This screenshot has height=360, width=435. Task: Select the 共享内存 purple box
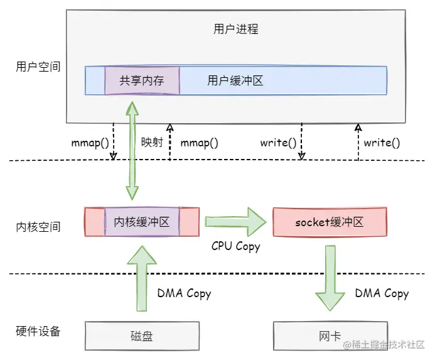(142, 80)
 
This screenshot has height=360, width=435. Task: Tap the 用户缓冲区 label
(235, 80)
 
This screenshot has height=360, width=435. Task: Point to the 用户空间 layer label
(38, 66)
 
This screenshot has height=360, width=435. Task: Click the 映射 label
(152, 142)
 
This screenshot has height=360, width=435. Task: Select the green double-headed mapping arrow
(132, 151)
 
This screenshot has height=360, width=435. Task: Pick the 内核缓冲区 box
(142, 222)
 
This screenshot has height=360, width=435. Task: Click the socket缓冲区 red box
(330, 222)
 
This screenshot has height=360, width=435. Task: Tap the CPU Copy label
(235, 246)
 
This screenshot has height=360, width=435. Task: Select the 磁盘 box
(142, 336)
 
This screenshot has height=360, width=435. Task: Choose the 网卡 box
(330, 336)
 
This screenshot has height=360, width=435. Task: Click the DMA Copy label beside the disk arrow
(184, 293)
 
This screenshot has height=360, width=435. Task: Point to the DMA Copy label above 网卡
(382, 293)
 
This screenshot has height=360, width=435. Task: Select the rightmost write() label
(382, 143)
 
